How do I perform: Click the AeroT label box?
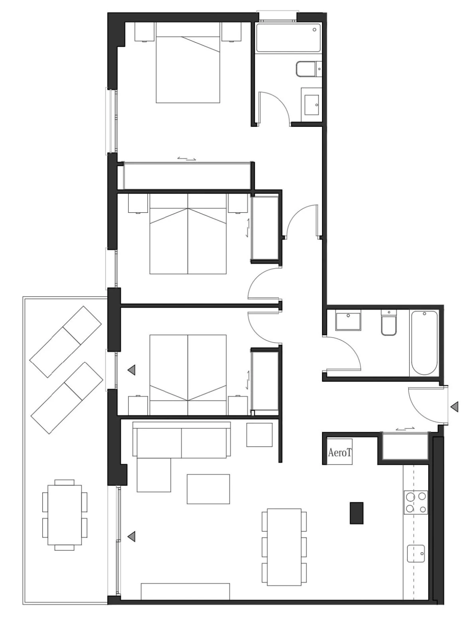point(340,452)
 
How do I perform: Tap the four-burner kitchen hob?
point(415,502)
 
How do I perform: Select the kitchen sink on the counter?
point(416,553)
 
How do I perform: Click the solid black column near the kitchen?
point(356,513)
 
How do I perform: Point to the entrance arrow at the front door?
point(454,407)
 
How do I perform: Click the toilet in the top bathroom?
point(309,69)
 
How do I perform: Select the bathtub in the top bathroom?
point(288,38)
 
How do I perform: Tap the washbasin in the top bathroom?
point(311,105)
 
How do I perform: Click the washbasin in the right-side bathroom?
point(348,320)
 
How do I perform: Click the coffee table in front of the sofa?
point(208,489)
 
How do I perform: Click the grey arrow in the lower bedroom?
point(131,370)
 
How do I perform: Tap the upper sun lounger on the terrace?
point(65,342)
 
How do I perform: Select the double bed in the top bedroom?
point(188,63)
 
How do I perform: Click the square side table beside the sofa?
point(259,435)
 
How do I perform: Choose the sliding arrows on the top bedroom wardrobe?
point(187,158)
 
